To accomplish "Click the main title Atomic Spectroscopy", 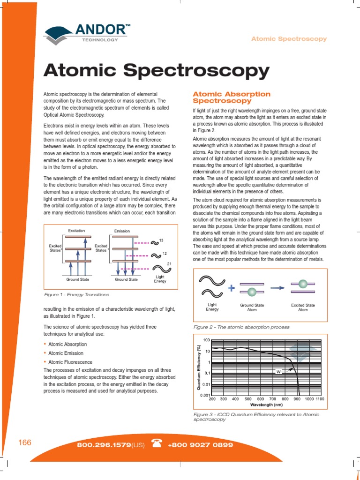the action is [156, 71].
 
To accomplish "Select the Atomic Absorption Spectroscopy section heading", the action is [232, 97].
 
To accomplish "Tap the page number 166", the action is [24, 442].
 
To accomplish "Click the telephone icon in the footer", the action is [156, 444].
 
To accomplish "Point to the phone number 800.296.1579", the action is [103, 444].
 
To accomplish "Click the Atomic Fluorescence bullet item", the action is [70, 362].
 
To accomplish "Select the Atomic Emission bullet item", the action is [66, 353].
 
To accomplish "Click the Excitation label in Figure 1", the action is [76, 231].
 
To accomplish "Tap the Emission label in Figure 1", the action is [122, 231].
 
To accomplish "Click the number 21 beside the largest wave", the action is [169, 263].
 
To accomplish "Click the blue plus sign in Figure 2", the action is [232, 288].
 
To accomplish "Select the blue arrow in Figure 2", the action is [278, 288].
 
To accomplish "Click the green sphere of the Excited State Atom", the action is [303, 284].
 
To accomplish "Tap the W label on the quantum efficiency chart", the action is [278, 372].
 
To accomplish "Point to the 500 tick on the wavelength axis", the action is [248, 399].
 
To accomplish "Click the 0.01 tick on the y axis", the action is [205, 384].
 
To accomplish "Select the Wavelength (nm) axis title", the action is [266, 405].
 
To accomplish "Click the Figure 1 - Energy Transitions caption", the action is [76, 294].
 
